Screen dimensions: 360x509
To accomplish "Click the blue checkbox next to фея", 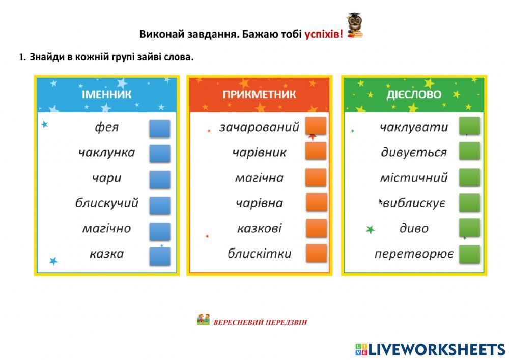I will [159, 128].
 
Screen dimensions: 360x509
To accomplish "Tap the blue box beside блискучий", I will [159, 205].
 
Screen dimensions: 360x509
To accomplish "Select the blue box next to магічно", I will [159, 231].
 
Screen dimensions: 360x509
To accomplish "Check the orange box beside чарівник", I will [316, 151].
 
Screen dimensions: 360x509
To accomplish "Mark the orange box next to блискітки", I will [316, 253].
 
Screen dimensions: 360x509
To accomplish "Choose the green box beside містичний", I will [469, 178].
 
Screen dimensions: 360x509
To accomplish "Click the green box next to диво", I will [469, 228].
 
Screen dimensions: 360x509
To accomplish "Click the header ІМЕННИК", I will [106, 95].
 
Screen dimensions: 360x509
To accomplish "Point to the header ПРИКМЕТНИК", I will [259, 95].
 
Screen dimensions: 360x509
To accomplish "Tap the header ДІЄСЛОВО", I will [413, 95].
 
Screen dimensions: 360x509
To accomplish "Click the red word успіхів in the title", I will [324, 34].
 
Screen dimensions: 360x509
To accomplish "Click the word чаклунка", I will [106, 152].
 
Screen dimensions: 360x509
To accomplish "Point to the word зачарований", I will [259, 127].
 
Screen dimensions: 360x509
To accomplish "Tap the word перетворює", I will [413, 254].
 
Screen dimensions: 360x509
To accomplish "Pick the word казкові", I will [259, 228].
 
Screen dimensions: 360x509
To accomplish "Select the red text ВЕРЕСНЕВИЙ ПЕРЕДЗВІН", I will [260, 322].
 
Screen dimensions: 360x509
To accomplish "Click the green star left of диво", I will [370, 230].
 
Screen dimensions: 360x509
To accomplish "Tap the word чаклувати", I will [413, 127].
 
